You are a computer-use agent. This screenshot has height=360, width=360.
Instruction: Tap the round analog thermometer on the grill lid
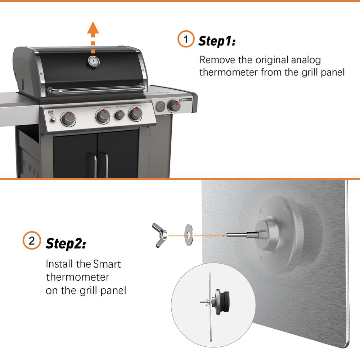93,62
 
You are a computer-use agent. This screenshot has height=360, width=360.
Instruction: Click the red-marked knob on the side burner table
174,105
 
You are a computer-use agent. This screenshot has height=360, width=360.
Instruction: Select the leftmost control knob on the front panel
68,118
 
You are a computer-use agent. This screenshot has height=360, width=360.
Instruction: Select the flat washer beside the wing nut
188,236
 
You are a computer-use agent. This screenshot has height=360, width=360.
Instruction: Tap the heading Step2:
66,243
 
